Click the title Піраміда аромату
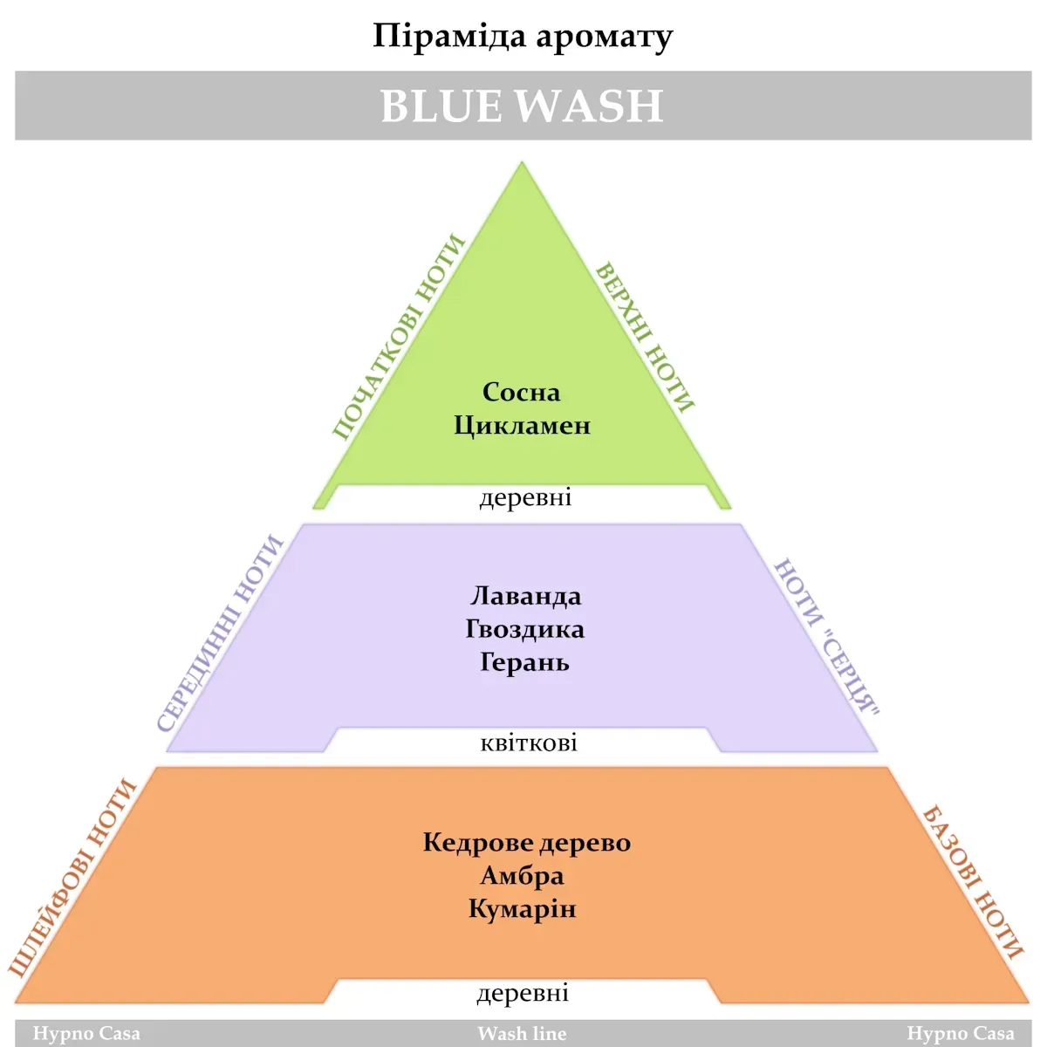[523, 38]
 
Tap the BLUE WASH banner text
[522, 106]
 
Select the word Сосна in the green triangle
[521, 393]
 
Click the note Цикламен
[522, 426]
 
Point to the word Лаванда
[525, 596]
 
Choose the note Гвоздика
[524, 629]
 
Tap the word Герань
[524, 662]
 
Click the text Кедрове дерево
[526, 843]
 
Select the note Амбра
[522, 876]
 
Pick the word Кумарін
[522, 909]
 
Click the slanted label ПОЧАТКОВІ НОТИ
[398, 337]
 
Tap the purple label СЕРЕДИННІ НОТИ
[220, 633]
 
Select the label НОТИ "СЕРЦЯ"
[827, 636]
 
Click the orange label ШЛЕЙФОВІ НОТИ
[73, 877]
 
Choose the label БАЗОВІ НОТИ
[973, 882]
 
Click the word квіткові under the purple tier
[529, 743]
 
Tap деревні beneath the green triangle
[525, 498]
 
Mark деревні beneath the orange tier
[523, 993]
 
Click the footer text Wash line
[522, 1034]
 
